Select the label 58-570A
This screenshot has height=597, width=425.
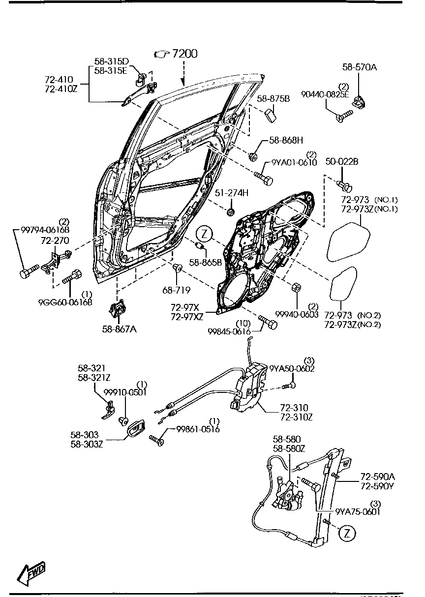pos(359,67)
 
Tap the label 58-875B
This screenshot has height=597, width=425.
pos(273,99)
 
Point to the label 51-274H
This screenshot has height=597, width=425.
pos(231,193)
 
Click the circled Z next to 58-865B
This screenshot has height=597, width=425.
pos(204,232)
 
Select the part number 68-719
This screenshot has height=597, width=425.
pos(180,291)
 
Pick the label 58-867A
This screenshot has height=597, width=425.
pos(119,329)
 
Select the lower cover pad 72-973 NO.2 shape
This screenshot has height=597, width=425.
pos(343,284)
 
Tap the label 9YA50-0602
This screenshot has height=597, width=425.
pos(292,369)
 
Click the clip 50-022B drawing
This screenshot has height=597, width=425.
pos(344,186)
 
